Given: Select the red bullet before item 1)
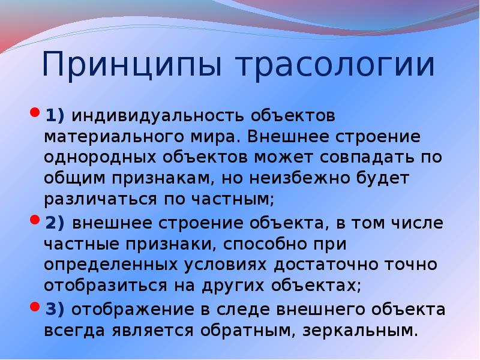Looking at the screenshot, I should tap(34, 113).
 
